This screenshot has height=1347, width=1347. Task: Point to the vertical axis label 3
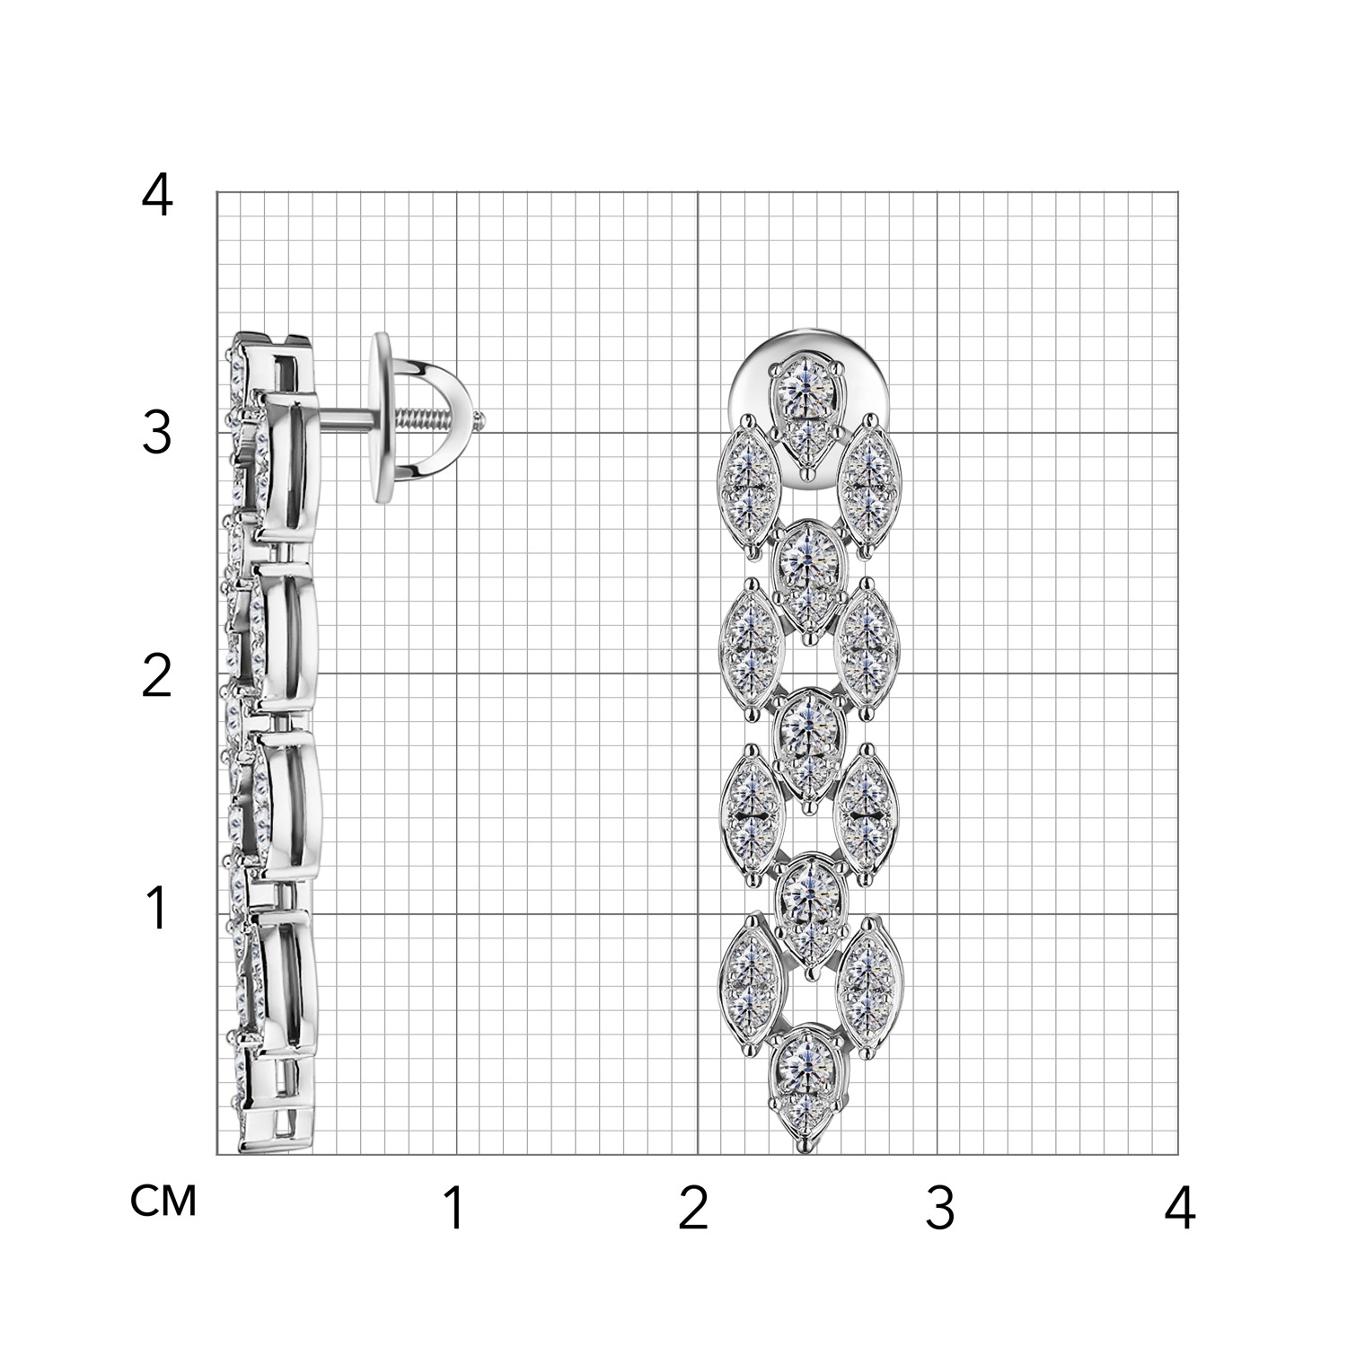(157, 435)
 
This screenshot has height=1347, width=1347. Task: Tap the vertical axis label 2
(157, 675)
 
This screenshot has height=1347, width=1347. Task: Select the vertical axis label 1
(158, 909)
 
